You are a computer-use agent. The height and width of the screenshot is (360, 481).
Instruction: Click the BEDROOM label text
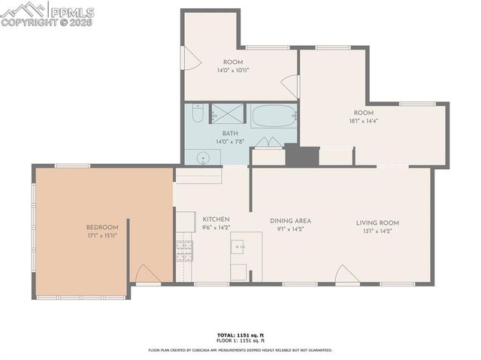pyautogui.click(x=101, y=228)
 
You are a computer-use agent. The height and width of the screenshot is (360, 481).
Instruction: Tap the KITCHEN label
pyautogui.click(x=216, y=219)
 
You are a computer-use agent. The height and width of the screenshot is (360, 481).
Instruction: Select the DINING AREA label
pyautogui.click(x=290, y=221)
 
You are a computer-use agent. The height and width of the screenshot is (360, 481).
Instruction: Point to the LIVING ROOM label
pyautogui.click(x=377, y=222)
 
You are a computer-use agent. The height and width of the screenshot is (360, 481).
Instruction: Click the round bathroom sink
pyautogui.click(x=202, y=157)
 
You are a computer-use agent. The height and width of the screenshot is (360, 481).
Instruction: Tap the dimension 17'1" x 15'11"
pyautogui.click(x=101, y=236)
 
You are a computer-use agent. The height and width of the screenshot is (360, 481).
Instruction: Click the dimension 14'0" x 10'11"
pyautogui.click(x=232, y=70)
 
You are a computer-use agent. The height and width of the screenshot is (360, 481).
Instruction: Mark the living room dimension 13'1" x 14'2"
pyautogui.click(x=377, y=231)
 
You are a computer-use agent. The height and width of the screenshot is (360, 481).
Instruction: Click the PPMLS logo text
pyautogui.click(x=74, y=11)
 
